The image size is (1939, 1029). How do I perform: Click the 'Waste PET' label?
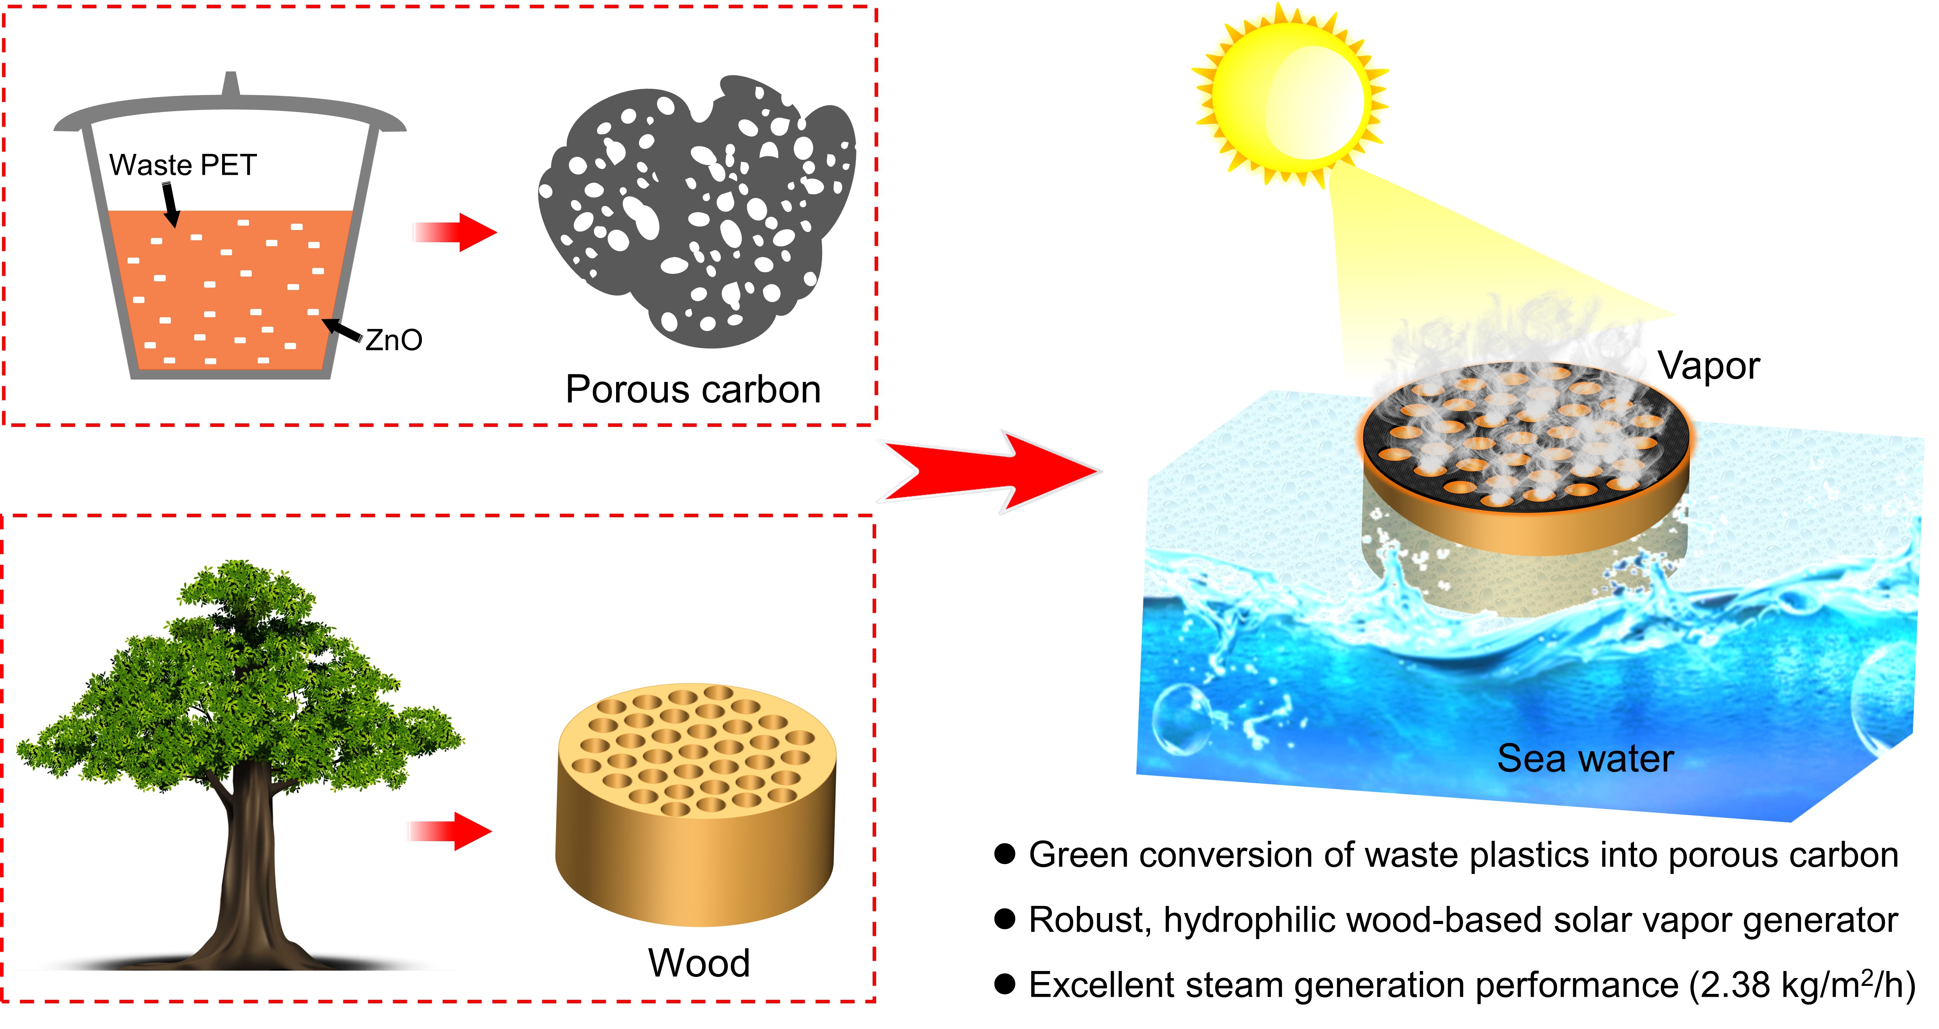tap(183, 165)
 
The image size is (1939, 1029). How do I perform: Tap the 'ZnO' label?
tap(393, 340)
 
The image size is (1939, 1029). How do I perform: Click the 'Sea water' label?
tap(1585, 758)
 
